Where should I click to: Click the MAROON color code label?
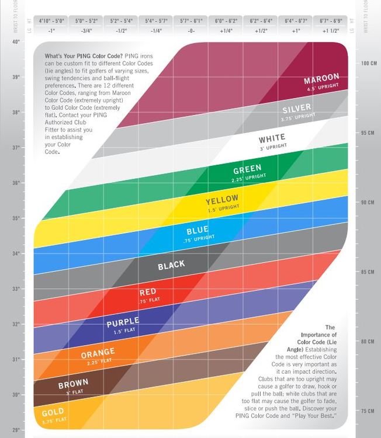point(322,80)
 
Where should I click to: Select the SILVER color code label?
point(297,110)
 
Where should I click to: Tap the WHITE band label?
point(272,140)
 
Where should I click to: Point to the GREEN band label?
point(247,170)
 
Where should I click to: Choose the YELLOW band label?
point(223,201)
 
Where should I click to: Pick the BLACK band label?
point(171,266)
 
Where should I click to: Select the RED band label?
point(147,292)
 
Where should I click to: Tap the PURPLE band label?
point(123,322)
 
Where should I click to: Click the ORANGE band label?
point(98,353)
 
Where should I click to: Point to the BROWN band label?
point(73,384)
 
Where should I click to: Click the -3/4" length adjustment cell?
point(86,30)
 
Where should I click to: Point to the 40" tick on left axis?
point(16,42)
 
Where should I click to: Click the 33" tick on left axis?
point(16,288)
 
